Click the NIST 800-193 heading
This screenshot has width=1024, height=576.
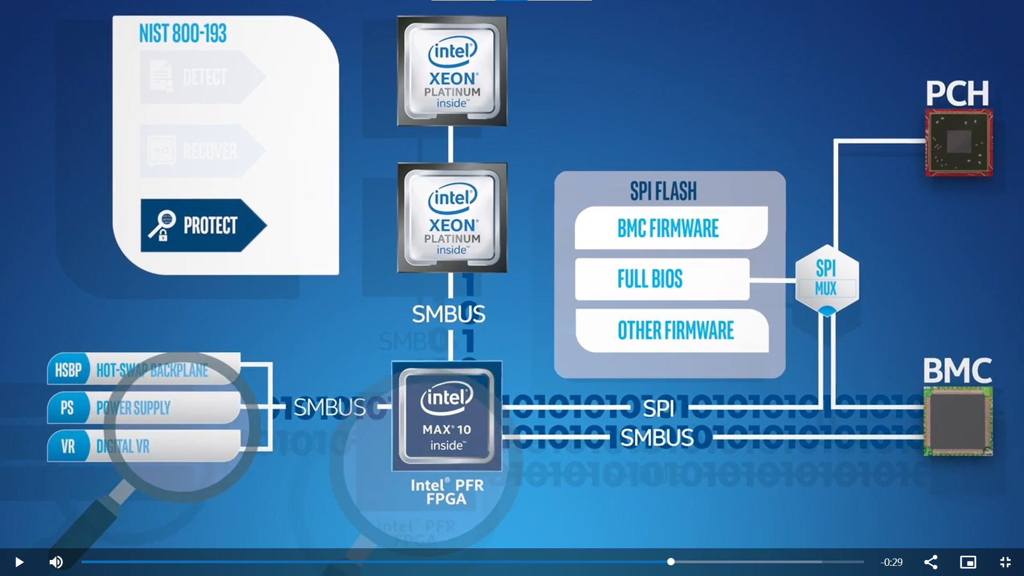pyautogui.click(x=182, y=34)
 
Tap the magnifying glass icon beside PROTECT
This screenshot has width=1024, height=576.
pyautogui.click(x=162, y=225)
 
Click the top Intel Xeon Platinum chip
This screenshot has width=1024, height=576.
pyautogui.click(x=452, y=71)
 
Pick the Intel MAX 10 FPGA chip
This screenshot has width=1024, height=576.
pyautogui.click(x=446, y=417)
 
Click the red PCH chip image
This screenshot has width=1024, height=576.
pyautogui.click(x=958, y=142)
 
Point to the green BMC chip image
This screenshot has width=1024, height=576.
pyautogui.click(x=958, y=421)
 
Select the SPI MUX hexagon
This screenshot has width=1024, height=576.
pyautogui.click(x=826, y=279)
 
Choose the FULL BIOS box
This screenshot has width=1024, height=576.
pyautogui.click(x=661, y=279)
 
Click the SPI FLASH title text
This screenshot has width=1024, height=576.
pyautogui.click(x=663, y=191)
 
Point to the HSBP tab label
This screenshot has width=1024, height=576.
pyautogui.click(x=68, y=370)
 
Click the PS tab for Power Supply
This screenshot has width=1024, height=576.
pyautogui.click(x=67, y=408)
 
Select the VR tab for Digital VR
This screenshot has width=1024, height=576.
pyautogui.click(x=68, y=446)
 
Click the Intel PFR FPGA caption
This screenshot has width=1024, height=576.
pyautogui.click(x=447, y=492)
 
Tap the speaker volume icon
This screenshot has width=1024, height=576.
pyautogui.click(x=56, y=562)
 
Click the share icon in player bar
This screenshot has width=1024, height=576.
pyautogui.click(x=931, y=562)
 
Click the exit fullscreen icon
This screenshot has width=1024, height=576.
pyautogui.click(x=1005, y=562)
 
